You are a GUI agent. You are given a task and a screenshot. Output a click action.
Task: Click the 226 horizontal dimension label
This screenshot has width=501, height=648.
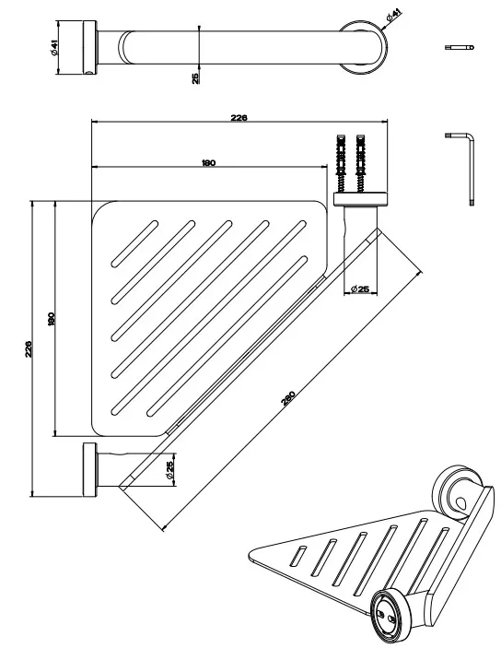(239, 118)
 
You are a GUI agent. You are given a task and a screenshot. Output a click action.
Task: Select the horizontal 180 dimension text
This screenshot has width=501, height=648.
(208, 163)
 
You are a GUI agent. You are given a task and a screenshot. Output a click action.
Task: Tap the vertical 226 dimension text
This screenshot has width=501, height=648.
(28, 349)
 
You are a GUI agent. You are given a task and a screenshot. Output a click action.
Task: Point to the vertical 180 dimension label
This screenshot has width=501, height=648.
(52, 319)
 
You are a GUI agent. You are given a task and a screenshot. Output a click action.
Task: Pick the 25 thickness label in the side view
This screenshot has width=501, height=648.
(195, 77)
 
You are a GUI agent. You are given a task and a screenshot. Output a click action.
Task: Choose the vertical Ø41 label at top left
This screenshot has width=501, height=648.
(54, 48)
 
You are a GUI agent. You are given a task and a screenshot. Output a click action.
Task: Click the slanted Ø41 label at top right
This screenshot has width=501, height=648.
(393, 16)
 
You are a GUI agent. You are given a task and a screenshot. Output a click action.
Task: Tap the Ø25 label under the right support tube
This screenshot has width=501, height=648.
(360, 289)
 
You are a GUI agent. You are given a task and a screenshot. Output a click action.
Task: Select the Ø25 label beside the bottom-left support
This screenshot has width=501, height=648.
(169, 470)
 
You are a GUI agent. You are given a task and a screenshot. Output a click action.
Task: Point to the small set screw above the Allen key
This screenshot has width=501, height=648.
(460, 48)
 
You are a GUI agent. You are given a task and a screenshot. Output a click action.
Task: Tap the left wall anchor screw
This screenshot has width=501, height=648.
(341, 163)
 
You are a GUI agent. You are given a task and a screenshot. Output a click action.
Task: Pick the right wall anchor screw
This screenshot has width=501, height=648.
(361, 163)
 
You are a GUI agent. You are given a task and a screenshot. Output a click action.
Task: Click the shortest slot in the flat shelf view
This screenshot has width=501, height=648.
(134, 244)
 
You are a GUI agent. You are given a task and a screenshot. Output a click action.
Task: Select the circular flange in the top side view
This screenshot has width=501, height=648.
(364, 46)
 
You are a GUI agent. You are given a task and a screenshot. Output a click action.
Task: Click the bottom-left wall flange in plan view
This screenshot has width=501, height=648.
(90, 469)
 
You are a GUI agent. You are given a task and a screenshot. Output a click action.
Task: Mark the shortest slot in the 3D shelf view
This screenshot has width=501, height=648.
(298, 556)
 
